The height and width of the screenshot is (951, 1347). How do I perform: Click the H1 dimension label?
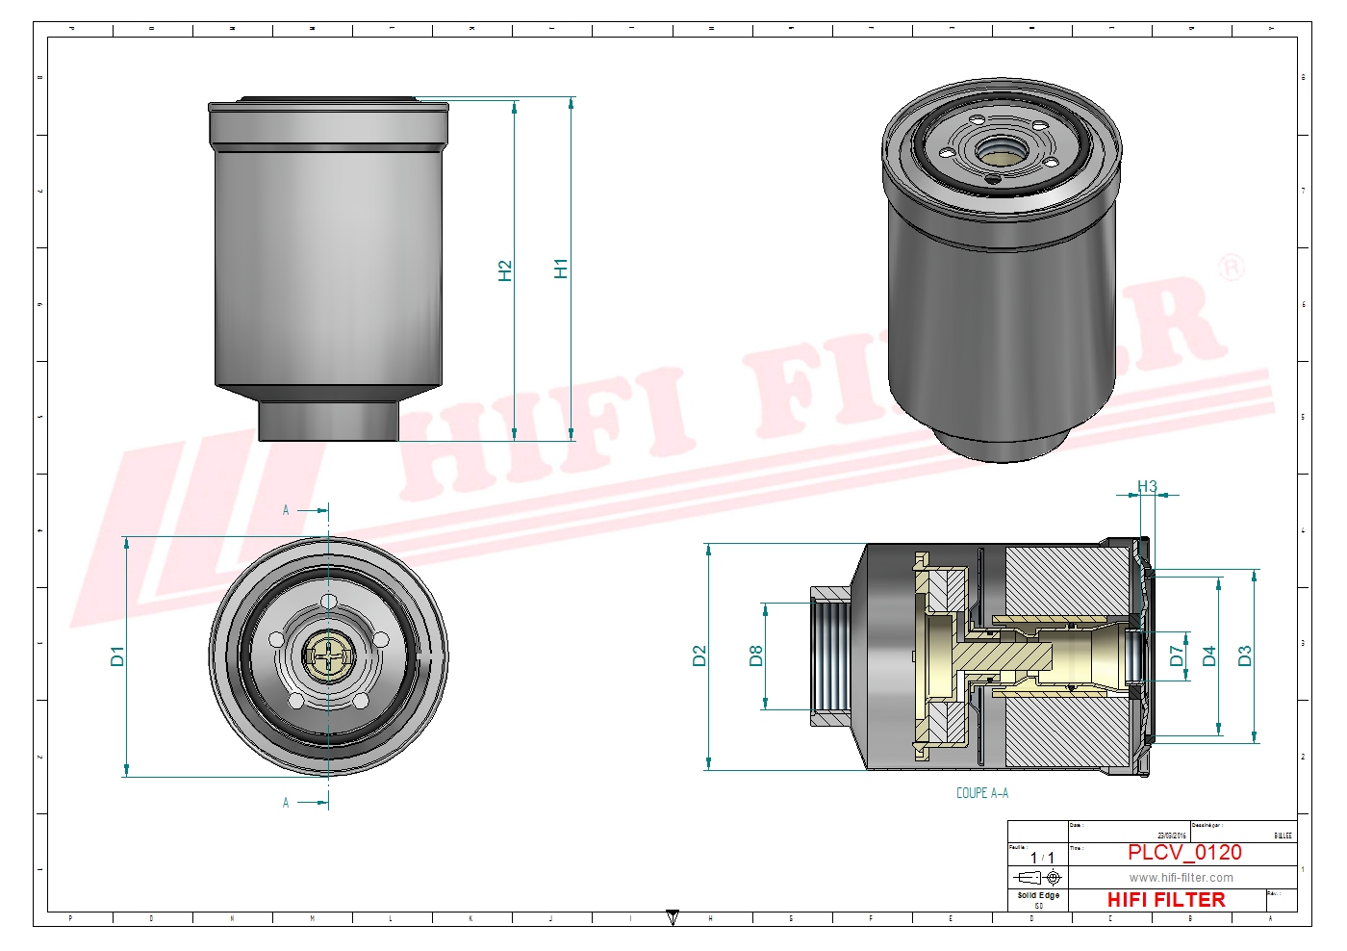point(561,269)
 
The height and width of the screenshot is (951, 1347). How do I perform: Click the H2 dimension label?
point(505,270)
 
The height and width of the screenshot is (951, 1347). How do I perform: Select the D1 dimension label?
point(117,656)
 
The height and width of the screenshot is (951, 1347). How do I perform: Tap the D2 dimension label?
point(699,656)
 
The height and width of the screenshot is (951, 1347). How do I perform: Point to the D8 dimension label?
point(756,656)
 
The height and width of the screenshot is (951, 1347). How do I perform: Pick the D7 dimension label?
point(1177,656)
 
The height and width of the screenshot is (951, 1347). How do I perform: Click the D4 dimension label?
point(1209,656)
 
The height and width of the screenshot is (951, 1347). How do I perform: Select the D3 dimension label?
point(1245,656)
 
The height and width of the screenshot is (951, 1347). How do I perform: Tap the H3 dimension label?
point(1147,487)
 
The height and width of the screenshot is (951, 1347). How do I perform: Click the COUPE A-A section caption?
point(982,793)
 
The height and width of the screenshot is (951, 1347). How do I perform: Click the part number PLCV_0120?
point(1184,853)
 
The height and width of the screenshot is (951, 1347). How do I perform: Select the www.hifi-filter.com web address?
point(1181,878)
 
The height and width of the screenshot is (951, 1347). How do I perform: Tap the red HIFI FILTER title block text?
point(1166,900)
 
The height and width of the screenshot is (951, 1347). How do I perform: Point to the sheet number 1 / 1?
point(1042,858)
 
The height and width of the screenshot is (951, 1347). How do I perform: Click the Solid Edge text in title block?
point(1038,895)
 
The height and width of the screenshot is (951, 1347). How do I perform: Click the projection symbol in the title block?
point(1039,878)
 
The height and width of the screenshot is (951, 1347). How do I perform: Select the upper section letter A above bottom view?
point(286,510)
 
